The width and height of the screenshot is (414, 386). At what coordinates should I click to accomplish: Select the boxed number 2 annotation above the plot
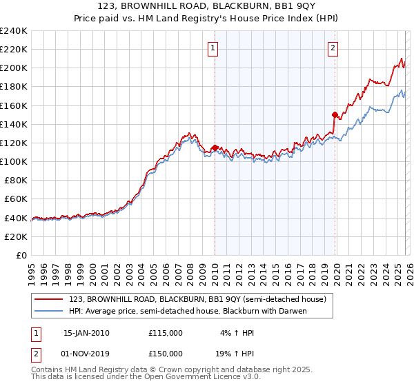point(333,48)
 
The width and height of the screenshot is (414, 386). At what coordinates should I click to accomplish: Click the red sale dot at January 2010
point(215,148)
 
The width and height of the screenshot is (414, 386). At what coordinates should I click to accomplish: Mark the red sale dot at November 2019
point(335,115)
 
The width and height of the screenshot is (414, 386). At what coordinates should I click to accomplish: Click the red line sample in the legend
point(50,298)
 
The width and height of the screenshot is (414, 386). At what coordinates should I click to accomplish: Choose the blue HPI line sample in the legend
point(50,311)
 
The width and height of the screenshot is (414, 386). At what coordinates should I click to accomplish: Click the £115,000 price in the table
point(165,333)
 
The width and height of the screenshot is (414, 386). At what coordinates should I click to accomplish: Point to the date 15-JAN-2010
point(86,333)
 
